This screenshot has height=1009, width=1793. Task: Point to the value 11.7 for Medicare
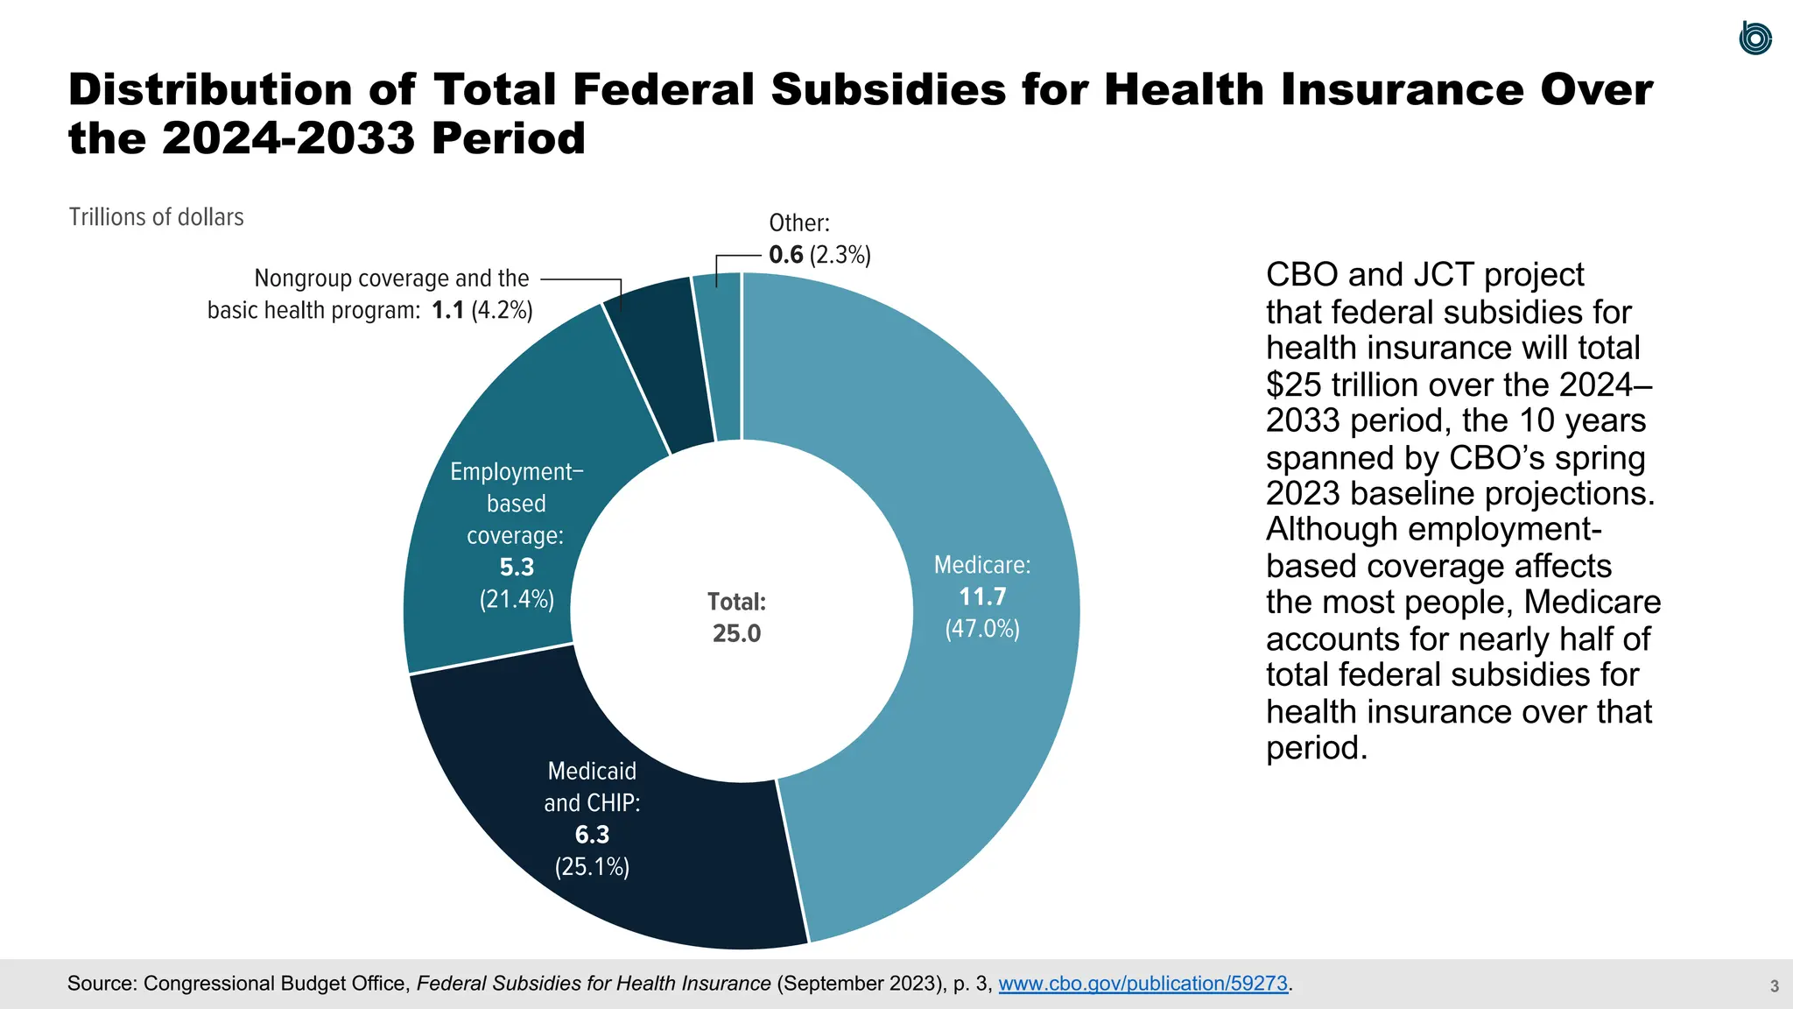(982, 597)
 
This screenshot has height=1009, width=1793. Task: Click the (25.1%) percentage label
(592, 867)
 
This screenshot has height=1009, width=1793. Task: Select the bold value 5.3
(517, 568)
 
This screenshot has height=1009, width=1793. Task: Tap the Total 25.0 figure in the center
(736, 633)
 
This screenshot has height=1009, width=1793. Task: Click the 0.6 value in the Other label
(785, 255)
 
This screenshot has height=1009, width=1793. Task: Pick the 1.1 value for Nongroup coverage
(447, 311)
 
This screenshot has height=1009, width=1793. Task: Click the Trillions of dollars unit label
(156, 217)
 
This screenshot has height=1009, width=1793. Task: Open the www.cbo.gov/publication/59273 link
(1143, 984)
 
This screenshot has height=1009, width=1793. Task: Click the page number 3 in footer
(1774, 986)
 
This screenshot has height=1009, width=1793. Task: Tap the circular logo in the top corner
(1754, 39)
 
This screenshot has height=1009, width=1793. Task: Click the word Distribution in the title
(210, 90)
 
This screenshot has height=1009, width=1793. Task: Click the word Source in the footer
(101, 984)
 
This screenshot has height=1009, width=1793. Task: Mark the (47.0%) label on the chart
(982, 630)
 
